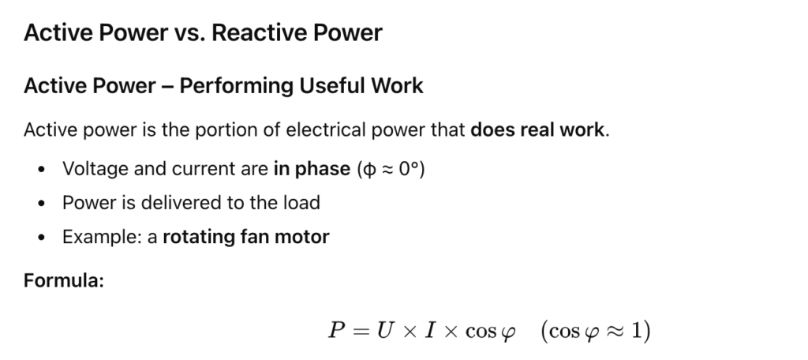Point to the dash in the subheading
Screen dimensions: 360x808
pyautogui.click(x=167, y=86)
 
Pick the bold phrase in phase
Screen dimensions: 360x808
pyautogui.click(x=312, y=169)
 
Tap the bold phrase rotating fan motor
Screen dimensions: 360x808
pyautogui.click(x=245, y=237)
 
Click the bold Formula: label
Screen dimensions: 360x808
pyautogui.click(x=64, y=280)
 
